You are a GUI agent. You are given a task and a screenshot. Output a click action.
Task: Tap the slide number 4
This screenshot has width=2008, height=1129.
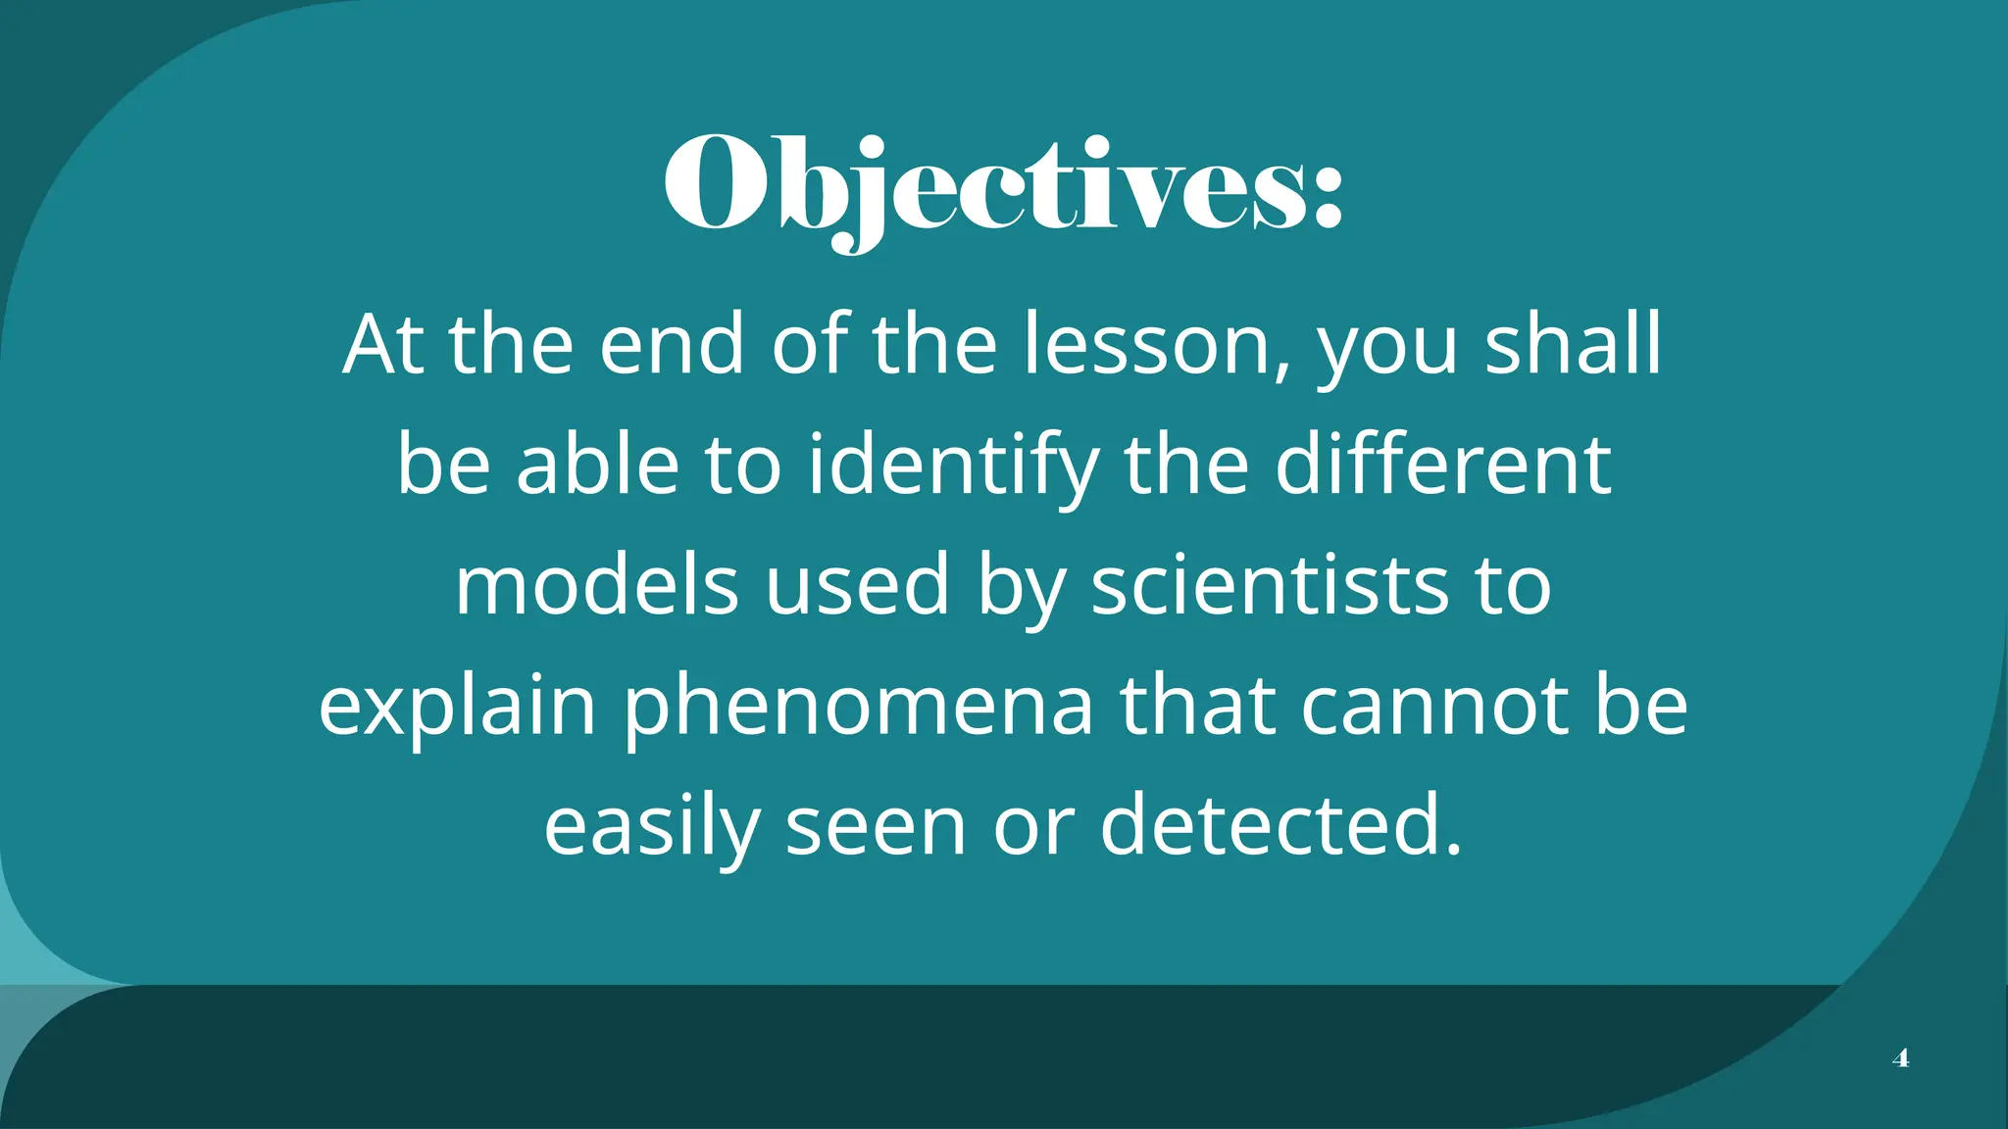1900,1058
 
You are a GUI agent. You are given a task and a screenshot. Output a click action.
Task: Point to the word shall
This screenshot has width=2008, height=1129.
1573,345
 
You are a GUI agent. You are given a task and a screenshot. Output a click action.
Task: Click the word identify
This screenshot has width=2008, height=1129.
952,466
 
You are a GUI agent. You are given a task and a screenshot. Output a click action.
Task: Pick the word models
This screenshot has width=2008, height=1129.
596,585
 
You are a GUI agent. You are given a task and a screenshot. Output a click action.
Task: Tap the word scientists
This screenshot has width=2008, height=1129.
1270,585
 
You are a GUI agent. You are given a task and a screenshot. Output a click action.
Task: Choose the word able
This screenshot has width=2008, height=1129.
597,465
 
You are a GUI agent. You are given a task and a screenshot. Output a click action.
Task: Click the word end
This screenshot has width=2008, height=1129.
672,345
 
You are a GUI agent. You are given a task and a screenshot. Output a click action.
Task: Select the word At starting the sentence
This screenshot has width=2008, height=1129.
383,345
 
